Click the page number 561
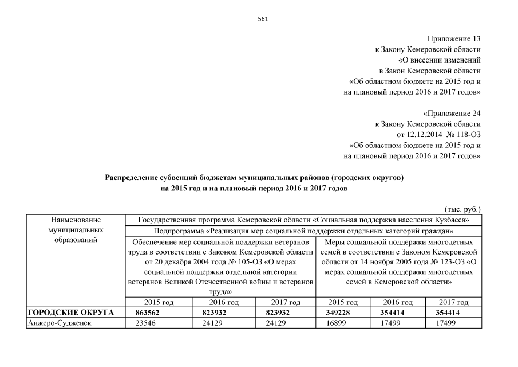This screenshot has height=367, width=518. tap(263, 18)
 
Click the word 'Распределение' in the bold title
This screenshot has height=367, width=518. tap(133, 178)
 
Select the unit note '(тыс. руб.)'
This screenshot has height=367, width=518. tap(462, 209)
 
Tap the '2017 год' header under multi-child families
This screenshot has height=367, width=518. tap(453, 302)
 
